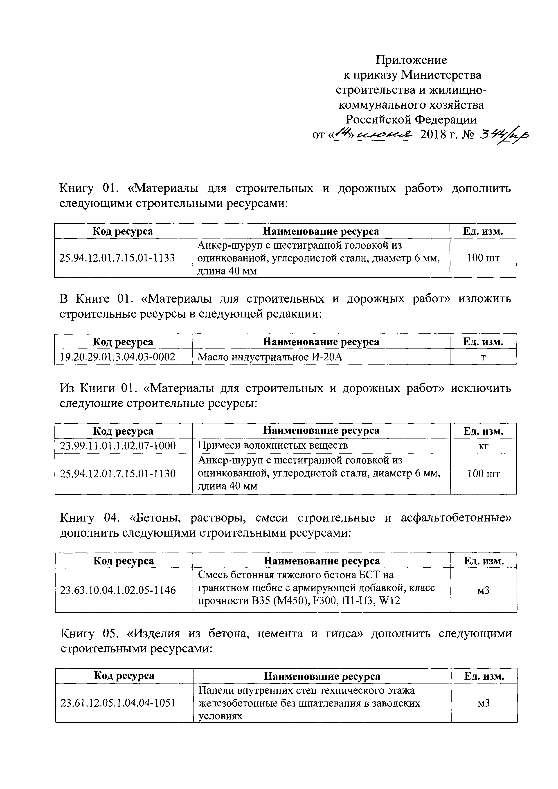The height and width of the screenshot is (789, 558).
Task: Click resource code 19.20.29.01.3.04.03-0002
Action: coord(117,357)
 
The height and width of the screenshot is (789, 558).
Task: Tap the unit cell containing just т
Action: coord(483,357)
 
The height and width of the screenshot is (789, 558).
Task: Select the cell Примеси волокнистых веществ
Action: coord(273,445)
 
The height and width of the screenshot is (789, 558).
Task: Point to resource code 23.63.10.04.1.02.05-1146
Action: coord(118,590)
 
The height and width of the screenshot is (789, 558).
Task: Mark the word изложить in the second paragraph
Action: coord(484,299)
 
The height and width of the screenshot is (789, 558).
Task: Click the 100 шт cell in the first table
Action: coord(483,258)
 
